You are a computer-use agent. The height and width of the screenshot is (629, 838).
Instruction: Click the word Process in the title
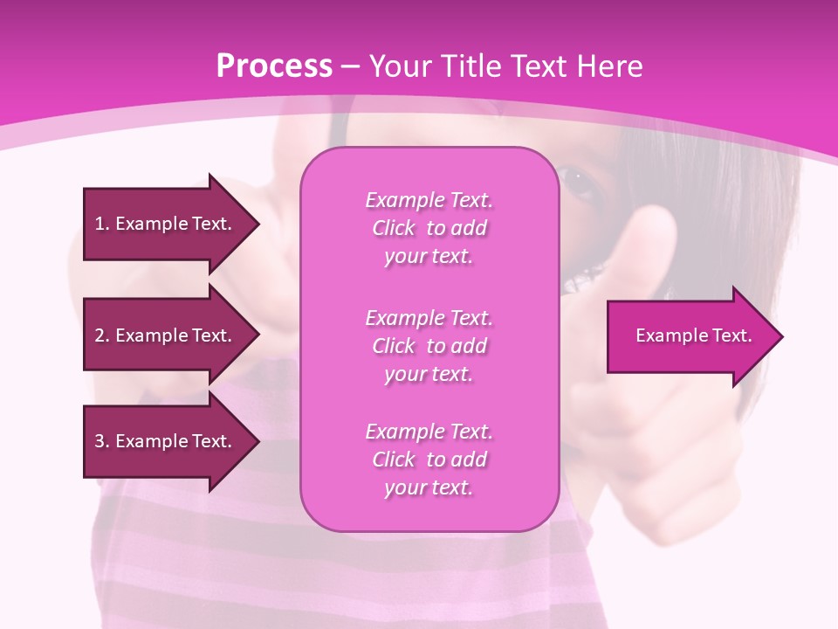[274, 66]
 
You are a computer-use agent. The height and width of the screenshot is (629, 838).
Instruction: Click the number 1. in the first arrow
[102, 224]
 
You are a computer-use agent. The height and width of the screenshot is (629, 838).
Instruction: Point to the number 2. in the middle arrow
[102, 335]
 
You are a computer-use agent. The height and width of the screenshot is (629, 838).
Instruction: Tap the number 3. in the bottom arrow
[102, 441]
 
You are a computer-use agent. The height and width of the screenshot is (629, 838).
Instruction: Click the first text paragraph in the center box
[429, 228]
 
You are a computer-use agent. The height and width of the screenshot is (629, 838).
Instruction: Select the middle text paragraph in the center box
[429, 346]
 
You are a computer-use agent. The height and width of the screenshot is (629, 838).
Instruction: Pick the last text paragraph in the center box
[429, 460]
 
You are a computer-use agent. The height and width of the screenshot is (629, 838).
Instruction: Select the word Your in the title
[400, 66]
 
